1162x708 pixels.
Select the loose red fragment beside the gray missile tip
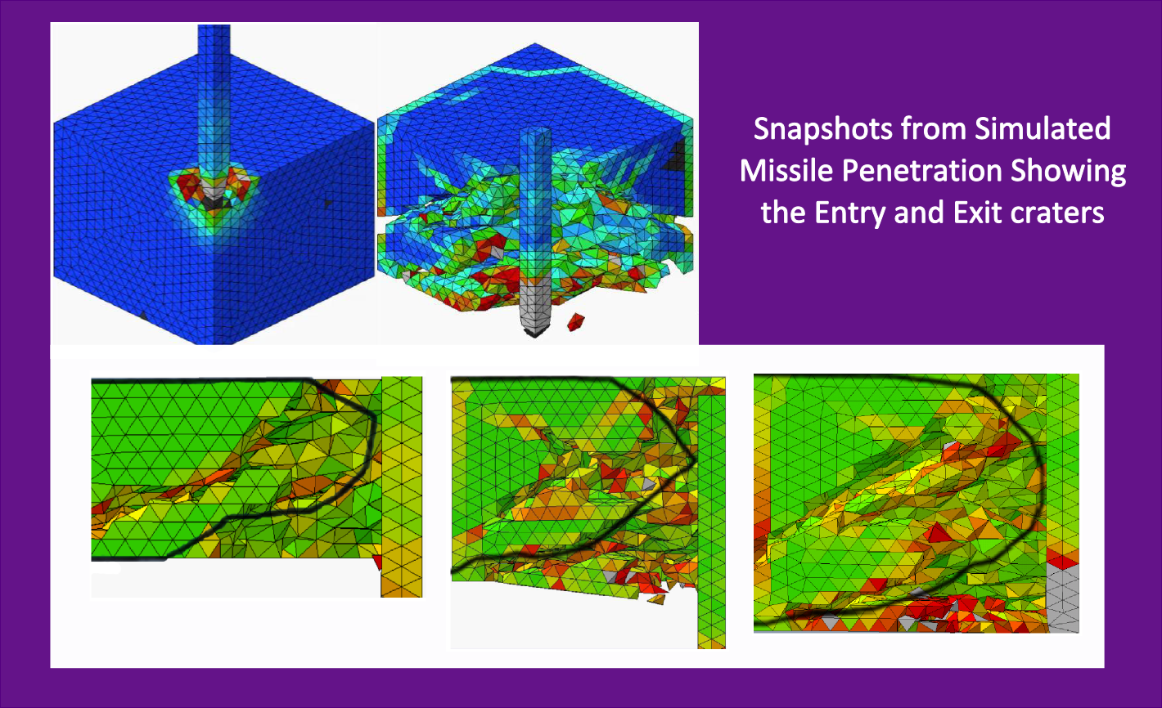(x=578, y=321)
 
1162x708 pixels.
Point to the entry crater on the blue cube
(x=212, y=190)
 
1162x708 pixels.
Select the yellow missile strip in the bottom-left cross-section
(x=402, y=486)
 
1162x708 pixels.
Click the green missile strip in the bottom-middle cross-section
(x=711, y=507)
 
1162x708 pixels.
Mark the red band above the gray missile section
(x=1063, y=561)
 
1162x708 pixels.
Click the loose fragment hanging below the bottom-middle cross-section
(x=655, y=599)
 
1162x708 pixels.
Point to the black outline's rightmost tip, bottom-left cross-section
(x=375, y=419)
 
